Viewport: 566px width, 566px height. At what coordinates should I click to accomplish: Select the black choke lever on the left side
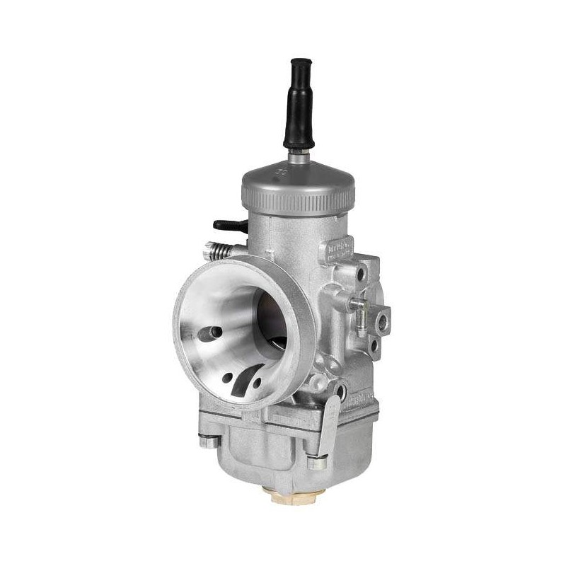(x=229, y=226)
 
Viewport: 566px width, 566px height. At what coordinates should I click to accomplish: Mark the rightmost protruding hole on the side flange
(x=382, y=322)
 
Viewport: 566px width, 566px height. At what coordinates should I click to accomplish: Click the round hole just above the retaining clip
(x=341, y=389)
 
